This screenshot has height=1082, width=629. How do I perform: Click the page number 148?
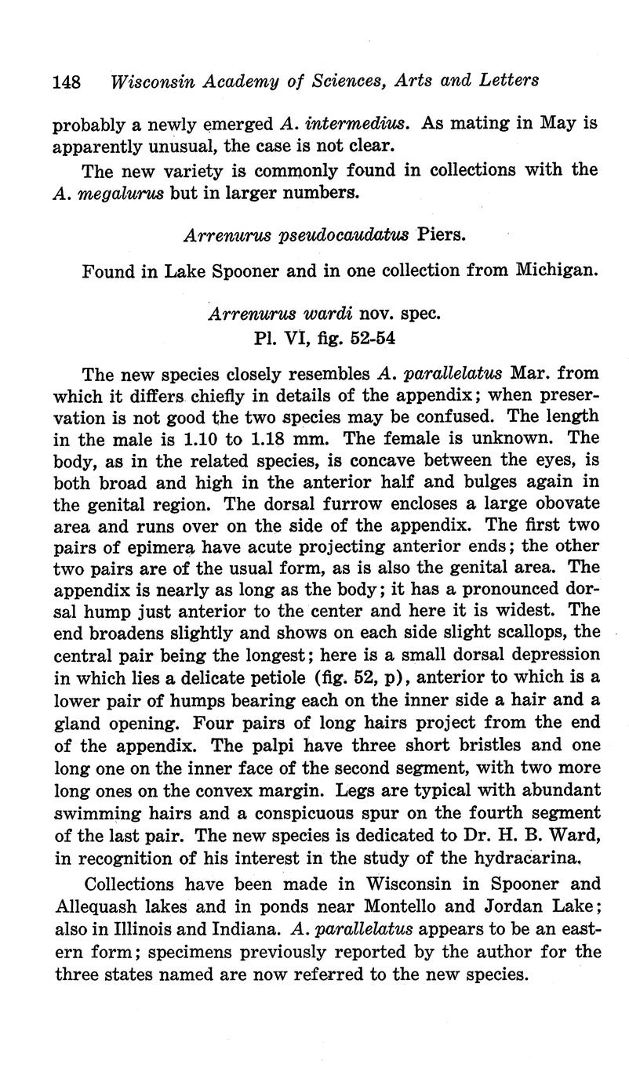[68, 81]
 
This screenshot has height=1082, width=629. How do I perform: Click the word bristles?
[485, 744]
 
